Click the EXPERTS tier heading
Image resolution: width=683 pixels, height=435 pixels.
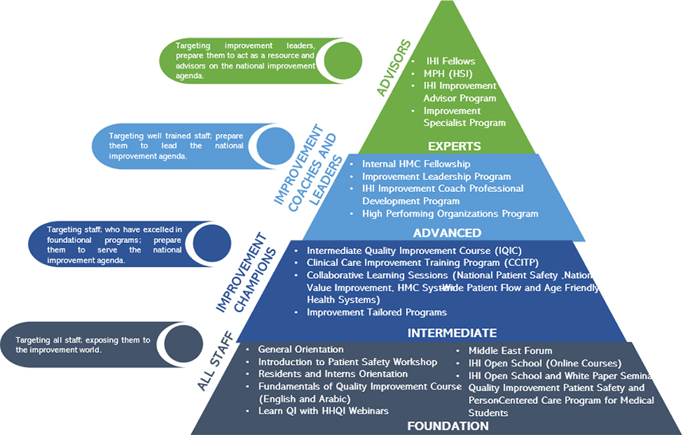pyautogui.click(x=454, y=147)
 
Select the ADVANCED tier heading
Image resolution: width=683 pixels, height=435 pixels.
pyautogui.click(x=447, y=233)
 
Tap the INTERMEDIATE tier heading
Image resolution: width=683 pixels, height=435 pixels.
pyautogui.click(x=452, y=332)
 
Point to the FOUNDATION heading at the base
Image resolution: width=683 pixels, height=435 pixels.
pyautogui.click(x=448, y=426)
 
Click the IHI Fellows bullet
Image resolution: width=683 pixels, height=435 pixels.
pyautogui.click(x=451, y=61)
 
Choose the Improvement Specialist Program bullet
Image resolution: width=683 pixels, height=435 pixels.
pyautogui.click(x=464, y=116)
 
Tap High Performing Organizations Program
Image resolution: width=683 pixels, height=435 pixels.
pyautogui.click(x=450, y=214)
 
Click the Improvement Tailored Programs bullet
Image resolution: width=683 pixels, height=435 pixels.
pyautogui.click(x=377, y=312)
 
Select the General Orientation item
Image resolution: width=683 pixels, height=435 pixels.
pyautogui.click(x=301, y=350)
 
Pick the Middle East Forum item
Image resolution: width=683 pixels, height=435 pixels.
pyautogui.click(x=510, y=351)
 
